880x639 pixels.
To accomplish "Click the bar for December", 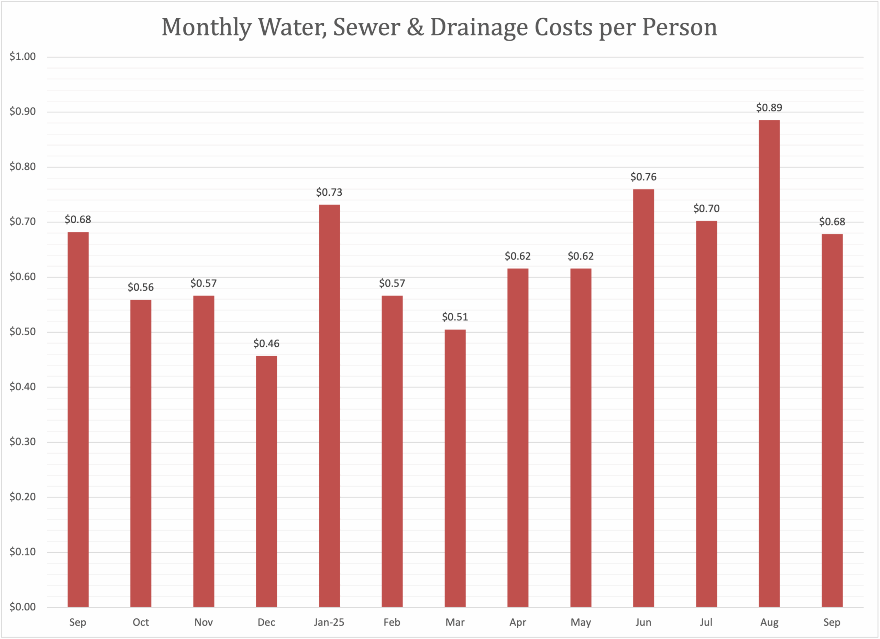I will [266, 481].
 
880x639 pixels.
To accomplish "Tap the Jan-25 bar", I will [329, 406].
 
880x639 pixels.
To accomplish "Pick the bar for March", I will [455, 468].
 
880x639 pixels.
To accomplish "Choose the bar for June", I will [643, 398].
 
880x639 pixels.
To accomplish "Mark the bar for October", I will [141, 453].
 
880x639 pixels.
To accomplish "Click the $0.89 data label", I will [769, 108].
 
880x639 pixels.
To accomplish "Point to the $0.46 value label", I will [266, 344].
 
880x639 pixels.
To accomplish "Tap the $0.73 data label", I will [329, 192].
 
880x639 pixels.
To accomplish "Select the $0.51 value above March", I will [455, 317].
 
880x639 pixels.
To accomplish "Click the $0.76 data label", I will [643, 177].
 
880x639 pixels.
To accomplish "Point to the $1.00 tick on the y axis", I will [22, 57].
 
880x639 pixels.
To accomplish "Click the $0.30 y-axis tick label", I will [22, 442].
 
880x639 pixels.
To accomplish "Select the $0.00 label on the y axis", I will [22, 607].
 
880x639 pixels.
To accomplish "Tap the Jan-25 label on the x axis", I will [329, 622].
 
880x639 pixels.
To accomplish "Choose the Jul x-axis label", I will [706, 622].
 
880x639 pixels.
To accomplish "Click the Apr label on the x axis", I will [518, 622].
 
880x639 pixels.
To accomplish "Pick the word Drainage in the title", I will [479, 28].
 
